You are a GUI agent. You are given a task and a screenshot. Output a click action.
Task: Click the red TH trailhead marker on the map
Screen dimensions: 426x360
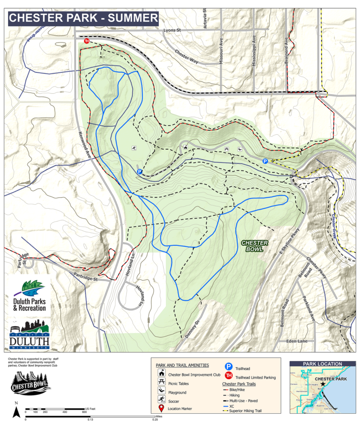(86, 41)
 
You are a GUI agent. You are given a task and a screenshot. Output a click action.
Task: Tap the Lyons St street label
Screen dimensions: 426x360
(172, 30)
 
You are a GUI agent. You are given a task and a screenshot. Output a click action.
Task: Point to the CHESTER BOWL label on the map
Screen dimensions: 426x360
(254, 246)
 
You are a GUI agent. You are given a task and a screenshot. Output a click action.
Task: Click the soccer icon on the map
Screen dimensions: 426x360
(134, 149)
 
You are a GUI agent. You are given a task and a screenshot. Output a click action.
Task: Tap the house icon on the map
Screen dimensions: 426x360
(186, 147)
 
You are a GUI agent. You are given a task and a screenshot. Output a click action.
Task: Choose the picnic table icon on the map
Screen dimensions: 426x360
(227, 149)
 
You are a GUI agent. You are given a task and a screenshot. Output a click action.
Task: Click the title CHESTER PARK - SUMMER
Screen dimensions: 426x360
(83, 18)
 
